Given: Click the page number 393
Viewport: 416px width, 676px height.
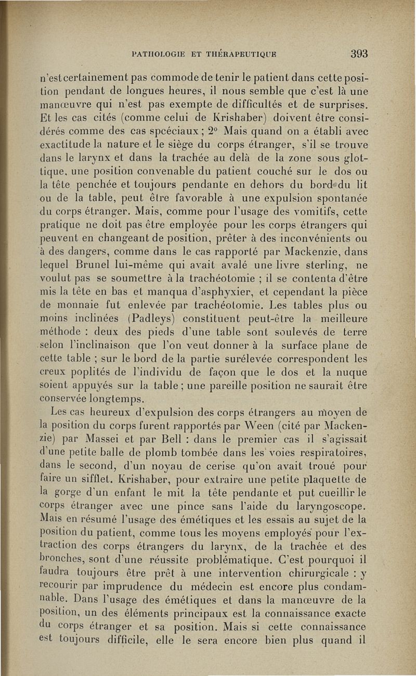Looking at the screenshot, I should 359,54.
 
